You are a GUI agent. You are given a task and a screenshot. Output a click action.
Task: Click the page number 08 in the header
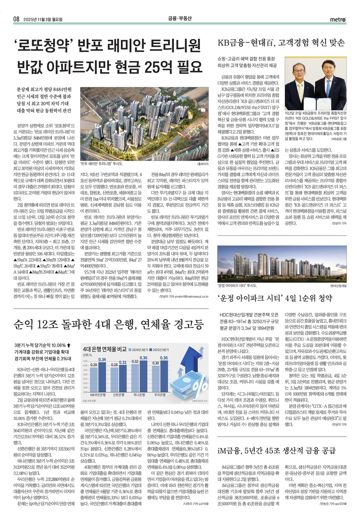click(x=16, y=19)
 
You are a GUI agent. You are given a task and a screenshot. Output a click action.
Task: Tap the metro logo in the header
click(x=338, y=19)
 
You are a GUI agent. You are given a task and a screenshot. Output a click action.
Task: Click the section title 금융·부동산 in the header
click(x=180, y=19)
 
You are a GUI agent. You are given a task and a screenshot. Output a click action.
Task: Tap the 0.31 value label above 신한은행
click(x=123, y=362)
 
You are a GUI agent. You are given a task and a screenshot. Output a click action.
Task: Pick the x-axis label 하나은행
click(x=139, y=395)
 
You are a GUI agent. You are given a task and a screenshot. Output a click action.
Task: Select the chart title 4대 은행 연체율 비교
click(x=104, y=349)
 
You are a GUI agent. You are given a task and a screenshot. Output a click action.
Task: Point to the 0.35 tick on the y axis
click(x=85, y=361)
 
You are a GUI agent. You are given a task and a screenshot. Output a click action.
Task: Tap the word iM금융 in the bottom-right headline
click(x=229, y=450)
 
